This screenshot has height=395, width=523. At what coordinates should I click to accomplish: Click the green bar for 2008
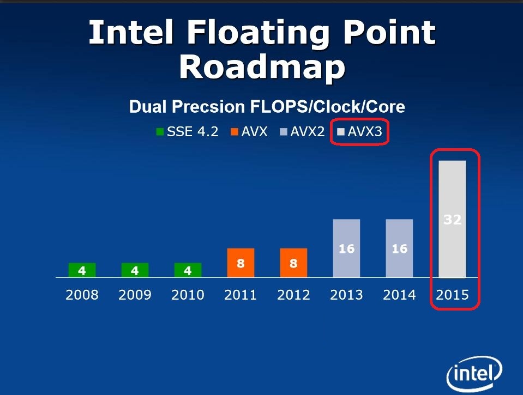(82, 270)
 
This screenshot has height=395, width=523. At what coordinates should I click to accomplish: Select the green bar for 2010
(188, 270)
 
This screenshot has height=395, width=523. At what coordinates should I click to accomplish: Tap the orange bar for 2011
(241, 263)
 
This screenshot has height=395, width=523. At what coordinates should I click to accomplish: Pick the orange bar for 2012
(293, 263)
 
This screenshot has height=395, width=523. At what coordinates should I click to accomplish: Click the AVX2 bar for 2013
(346, 248)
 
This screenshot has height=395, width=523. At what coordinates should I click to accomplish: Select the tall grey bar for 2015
(452, 219)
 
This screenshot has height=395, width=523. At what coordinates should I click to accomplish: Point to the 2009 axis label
(135, 295)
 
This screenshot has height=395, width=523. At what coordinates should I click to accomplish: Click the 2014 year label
(399, 295)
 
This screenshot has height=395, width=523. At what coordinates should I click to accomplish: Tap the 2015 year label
(452, 295)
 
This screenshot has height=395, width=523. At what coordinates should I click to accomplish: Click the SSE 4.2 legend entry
(188, 132)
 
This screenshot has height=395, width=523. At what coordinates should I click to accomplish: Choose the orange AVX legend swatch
(235, 132)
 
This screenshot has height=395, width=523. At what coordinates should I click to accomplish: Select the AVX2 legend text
(307, 132)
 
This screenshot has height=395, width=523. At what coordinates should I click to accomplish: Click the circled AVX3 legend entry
(359, 132)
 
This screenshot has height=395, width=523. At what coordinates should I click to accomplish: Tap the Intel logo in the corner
(474, 373)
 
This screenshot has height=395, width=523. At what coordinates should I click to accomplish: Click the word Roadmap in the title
(262, 67)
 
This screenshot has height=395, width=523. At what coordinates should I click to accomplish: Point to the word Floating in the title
(258, 33)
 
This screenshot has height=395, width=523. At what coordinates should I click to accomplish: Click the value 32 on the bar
(453, 220)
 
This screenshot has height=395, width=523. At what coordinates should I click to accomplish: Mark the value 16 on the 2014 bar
(400, 248)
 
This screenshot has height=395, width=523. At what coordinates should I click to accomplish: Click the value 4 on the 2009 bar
(135, 271)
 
